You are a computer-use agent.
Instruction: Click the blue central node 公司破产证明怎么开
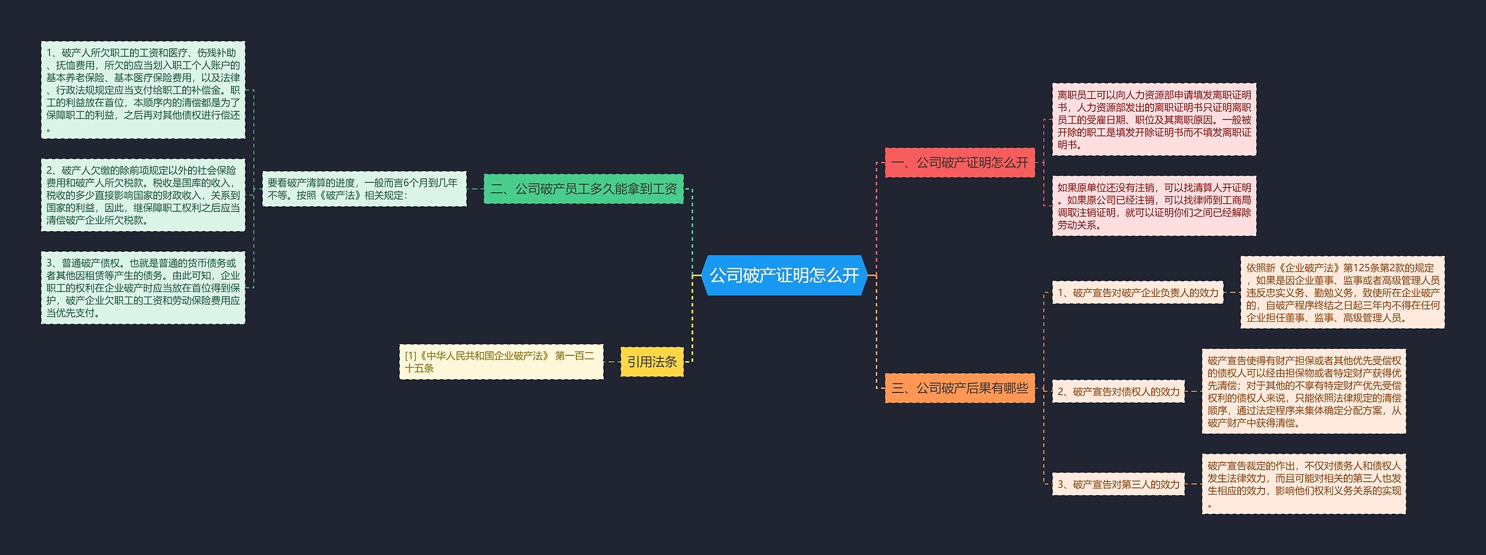point(784,275)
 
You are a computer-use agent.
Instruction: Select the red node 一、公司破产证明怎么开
point(960,163)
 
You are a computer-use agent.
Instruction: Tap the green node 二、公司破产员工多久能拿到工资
point(583,189)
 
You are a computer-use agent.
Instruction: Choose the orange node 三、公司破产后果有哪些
point(960,388)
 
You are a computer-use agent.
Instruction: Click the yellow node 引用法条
point(652,362)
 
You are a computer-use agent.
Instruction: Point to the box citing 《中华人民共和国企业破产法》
point(501,362)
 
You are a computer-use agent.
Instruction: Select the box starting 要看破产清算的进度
point(364,189)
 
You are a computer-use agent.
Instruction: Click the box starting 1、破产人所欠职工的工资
point(143,90)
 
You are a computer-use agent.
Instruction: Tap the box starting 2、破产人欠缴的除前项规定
point(143,195)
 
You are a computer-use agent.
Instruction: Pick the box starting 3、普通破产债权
point(143,288)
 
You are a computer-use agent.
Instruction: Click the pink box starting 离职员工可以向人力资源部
point(1154,120)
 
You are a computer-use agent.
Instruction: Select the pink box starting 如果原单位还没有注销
point(1154,206)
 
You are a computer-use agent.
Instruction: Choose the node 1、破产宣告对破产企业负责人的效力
point(1138,293)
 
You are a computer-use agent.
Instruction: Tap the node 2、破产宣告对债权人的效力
point(1119,391)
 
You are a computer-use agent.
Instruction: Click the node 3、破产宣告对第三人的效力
point(1119,484)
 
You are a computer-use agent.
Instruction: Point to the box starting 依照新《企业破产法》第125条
point(1342,293)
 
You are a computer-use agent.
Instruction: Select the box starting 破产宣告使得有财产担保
point(1304,391)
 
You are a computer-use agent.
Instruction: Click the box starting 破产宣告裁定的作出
point(1304,484)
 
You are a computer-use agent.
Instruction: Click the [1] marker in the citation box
point(410,355)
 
